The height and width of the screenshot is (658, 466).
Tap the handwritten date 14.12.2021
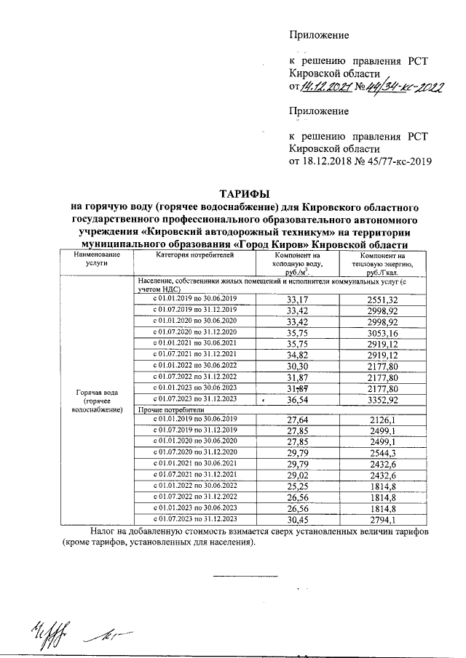click(x=327, y=88)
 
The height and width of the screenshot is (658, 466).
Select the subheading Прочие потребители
click(x=168, y=410)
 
